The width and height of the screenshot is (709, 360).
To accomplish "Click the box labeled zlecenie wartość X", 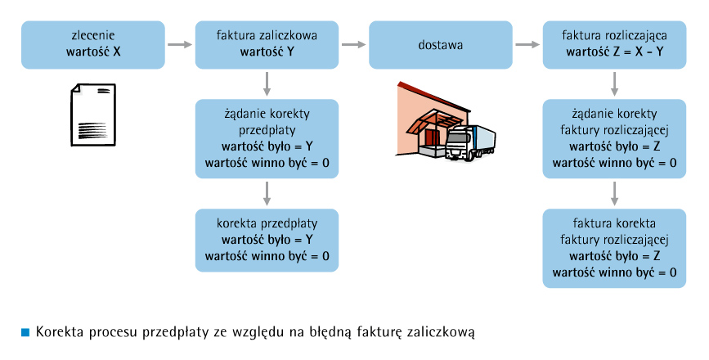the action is (93, 45).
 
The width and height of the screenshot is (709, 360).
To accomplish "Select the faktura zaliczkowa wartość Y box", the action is (267, 45).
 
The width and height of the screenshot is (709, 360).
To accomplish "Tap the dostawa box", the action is (441, 45).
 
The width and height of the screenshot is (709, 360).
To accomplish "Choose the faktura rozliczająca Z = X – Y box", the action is (614, 45).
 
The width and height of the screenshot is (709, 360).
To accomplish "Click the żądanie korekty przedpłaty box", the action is (267, 139).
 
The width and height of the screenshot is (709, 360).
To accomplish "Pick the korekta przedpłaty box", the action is (267, 241).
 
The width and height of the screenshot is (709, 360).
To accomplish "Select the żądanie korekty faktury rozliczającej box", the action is (614, 139).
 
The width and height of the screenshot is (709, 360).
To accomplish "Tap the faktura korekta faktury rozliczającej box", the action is (614, 248).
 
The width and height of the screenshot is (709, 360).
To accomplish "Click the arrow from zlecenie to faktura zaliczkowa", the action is (180, 45).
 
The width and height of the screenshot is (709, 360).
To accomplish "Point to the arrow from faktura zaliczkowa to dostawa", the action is (353, 45).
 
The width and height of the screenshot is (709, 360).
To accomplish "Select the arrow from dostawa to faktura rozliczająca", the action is (527, 45).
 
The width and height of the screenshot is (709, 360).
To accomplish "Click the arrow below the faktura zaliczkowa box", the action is (267, 84).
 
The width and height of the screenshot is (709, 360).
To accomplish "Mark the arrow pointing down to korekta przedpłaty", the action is (267, 194).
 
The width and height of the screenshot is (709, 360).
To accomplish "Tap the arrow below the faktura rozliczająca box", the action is (614, 84).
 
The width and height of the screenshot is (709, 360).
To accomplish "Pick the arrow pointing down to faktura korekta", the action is (614, 194).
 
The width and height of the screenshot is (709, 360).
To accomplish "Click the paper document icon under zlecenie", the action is (93, 115).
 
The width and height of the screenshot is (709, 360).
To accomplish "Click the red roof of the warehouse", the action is (433, 97).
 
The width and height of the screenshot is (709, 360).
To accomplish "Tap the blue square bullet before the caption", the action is (25, 332).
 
